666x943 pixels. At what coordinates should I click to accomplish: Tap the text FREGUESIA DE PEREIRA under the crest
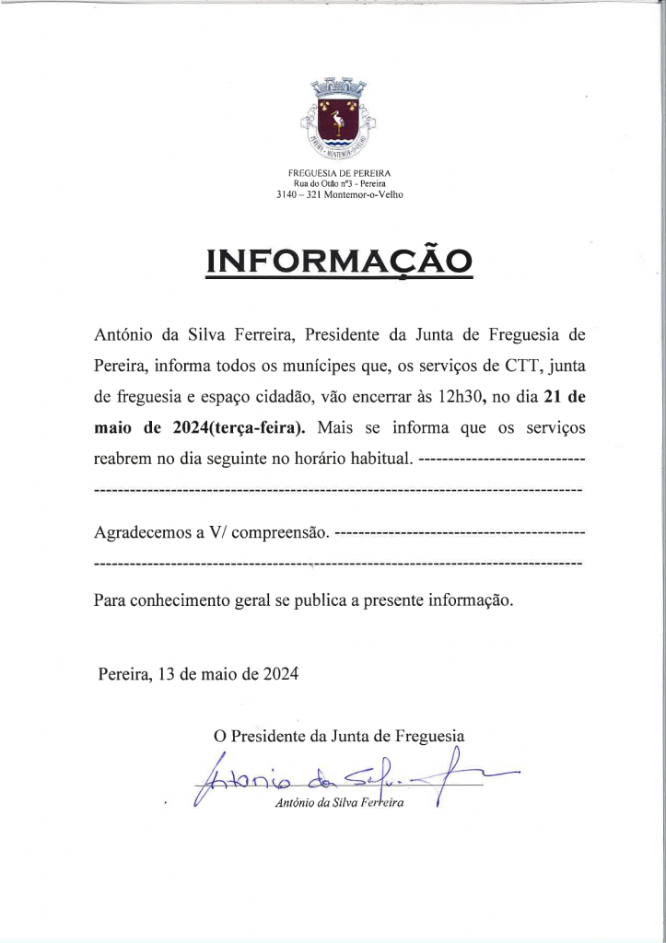pos(340,173)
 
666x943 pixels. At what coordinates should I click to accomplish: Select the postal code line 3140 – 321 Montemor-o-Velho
pos(340,194)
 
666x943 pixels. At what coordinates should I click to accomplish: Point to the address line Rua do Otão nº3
pos(340,184)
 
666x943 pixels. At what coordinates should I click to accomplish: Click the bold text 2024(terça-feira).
pos(244,427)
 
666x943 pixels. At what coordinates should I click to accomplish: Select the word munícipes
pos(318,366)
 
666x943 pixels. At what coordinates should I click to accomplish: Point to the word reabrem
pos(123,458)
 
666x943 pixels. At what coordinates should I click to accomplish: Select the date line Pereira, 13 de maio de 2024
pos(198,674)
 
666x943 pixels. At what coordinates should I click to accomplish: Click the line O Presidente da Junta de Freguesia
pos(339,736)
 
